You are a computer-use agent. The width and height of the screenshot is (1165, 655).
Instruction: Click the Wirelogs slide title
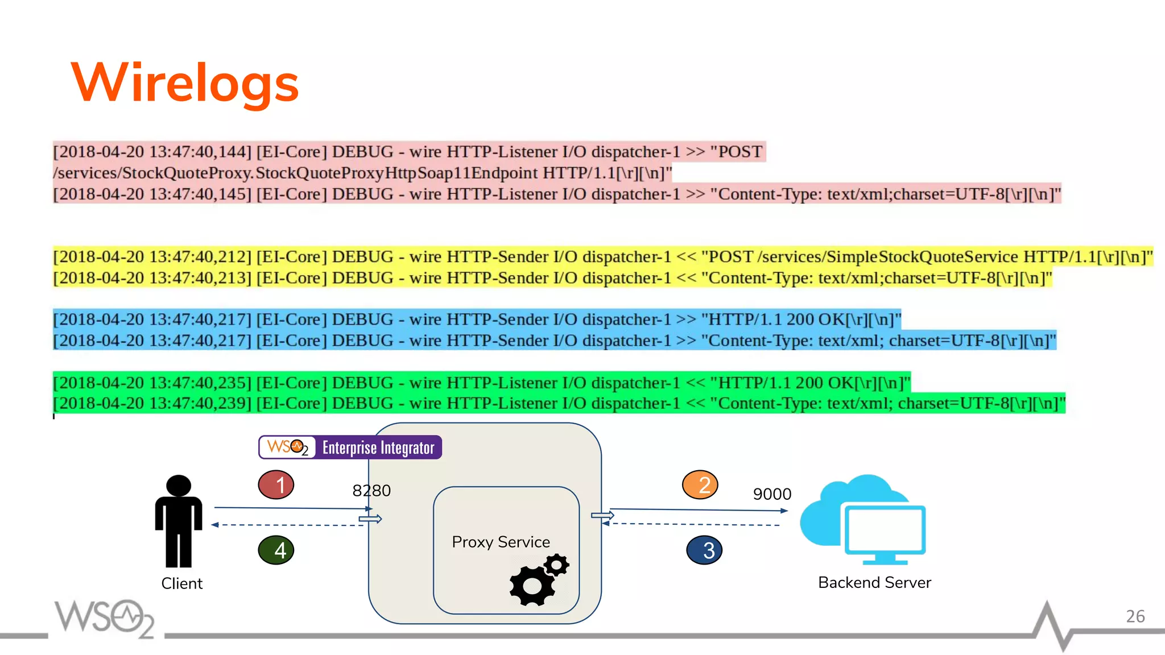click(185, 83)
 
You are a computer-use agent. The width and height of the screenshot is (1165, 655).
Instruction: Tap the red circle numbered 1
click(276, 485)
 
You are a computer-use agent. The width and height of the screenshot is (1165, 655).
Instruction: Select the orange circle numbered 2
click(700, 485)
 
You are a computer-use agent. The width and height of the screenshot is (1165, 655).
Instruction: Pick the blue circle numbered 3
click(704, 550)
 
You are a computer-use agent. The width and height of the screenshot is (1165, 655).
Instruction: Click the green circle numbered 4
click(276, 550)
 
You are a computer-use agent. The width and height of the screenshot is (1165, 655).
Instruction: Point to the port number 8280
click(371, 491)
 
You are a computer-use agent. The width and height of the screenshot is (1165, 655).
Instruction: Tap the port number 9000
click(772, 494)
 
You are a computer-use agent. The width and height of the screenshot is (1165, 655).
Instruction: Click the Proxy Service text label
click(501, 542)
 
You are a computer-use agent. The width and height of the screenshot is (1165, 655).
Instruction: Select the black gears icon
click(538, 580)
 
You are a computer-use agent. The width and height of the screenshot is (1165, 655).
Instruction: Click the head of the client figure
click(179, 485)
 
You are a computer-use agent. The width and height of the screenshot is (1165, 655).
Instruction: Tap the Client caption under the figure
click(181, 583)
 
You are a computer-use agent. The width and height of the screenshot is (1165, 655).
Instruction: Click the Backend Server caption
click(874, 582)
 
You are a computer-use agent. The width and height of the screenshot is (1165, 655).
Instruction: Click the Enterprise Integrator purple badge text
click(378, 448)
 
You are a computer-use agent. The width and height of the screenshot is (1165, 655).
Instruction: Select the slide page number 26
click(1135, 616)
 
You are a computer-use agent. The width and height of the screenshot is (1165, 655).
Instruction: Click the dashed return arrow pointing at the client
click(287, 525)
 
